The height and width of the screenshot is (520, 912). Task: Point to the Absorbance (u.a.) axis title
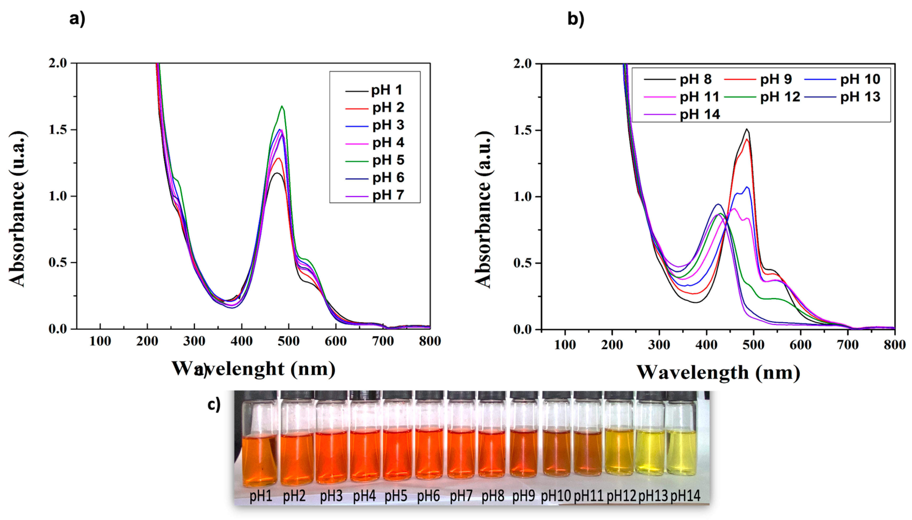click(17, 209)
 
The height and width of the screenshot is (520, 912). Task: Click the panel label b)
click(576, 19)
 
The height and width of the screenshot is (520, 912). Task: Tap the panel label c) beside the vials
click(214, 405)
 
